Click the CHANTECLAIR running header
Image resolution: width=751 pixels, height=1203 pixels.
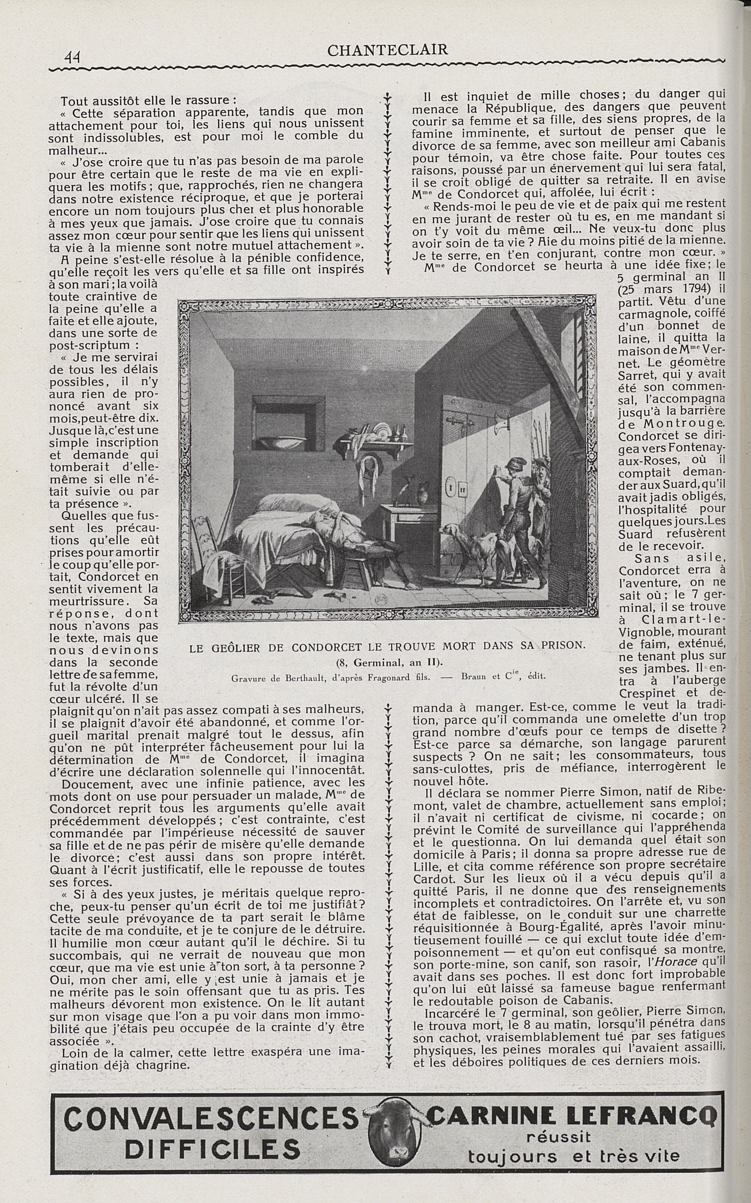pyautogui.click(x=388, y=50)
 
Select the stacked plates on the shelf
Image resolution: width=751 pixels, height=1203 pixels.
pyautogui.click(x=383, y=429)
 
